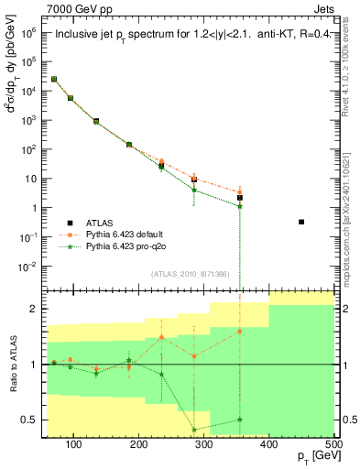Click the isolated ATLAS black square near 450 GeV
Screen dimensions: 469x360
point(301,222)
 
